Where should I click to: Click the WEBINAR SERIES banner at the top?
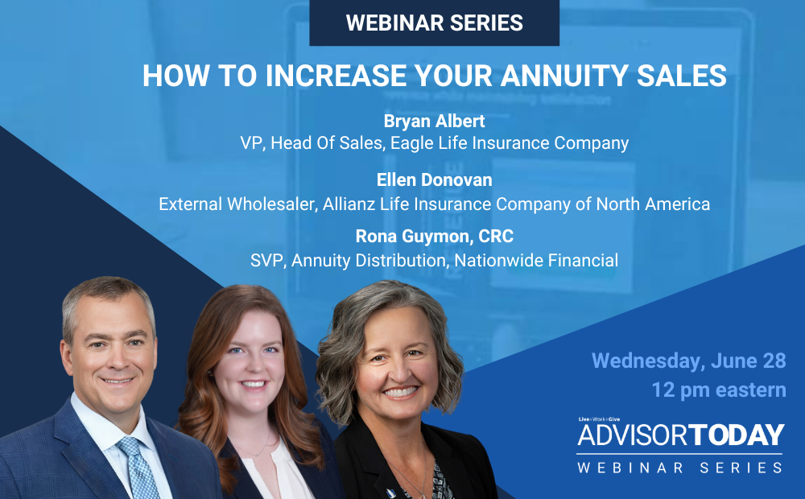coord(434,23)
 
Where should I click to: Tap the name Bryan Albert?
coord(434,121)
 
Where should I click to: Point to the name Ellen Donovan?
coord(434,180)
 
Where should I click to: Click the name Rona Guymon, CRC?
coord(434,237)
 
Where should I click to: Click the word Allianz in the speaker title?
coord(352,204)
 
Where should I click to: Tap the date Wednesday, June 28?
coord(688,361)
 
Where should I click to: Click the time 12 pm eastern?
coord(719,390)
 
